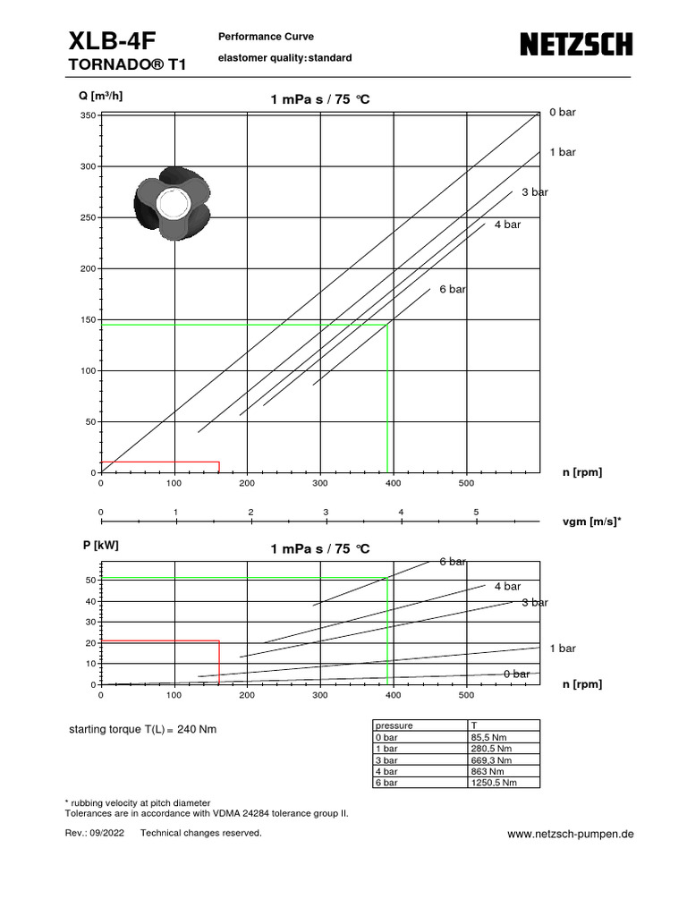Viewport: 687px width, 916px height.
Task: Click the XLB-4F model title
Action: (111, 41)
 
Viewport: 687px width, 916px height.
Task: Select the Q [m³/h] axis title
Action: (101, 96)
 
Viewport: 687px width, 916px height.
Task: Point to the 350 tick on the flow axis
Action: (88, 116)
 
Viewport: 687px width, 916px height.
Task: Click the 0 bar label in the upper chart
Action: (563, 112)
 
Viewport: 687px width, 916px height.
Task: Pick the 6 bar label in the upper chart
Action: (452, 289)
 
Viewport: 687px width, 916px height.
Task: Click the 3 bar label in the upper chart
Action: (535, 192)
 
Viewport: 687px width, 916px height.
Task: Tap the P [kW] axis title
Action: (99, 545)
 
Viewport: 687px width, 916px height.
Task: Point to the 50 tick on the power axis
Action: (90, 581)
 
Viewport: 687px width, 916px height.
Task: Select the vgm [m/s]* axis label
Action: (591, 519)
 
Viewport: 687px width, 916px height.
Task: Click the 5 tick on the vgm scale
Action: (476, 512)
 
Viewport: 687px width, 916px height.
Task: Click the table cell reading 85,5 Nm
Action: (485, 737)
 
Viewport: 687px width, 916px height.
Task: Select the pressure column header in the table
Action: (394, 725)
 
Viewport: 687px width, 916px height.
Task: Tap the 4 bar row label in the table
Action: (387, 771)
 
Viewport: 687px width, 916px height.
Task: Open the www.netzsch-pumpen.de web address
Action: (571, 833)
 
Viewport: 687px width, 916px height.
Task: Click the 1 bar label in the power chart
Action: (563, 648)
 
